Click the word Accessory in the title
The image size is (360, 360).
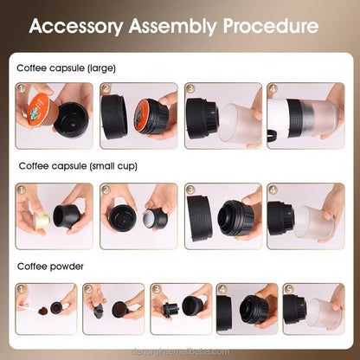76,26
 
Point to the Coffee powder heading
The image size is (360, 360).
50,267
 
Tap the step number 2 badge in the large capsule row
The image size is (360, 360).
106,88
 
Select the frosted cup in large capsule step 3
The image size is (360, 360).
241,119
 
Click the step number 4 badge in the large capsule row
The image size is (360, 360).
273,88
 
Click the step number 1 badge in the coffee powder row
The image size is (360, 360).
22,288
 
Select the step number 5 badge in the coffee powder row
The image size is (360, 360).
288,288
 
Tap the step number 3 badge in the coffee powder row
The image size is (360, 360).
156,288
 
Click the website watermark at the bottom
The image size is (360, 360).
180,350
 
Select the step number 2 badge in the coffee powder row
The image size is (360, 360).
88,288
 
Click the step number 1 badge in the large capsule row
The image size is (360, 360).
22,88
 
